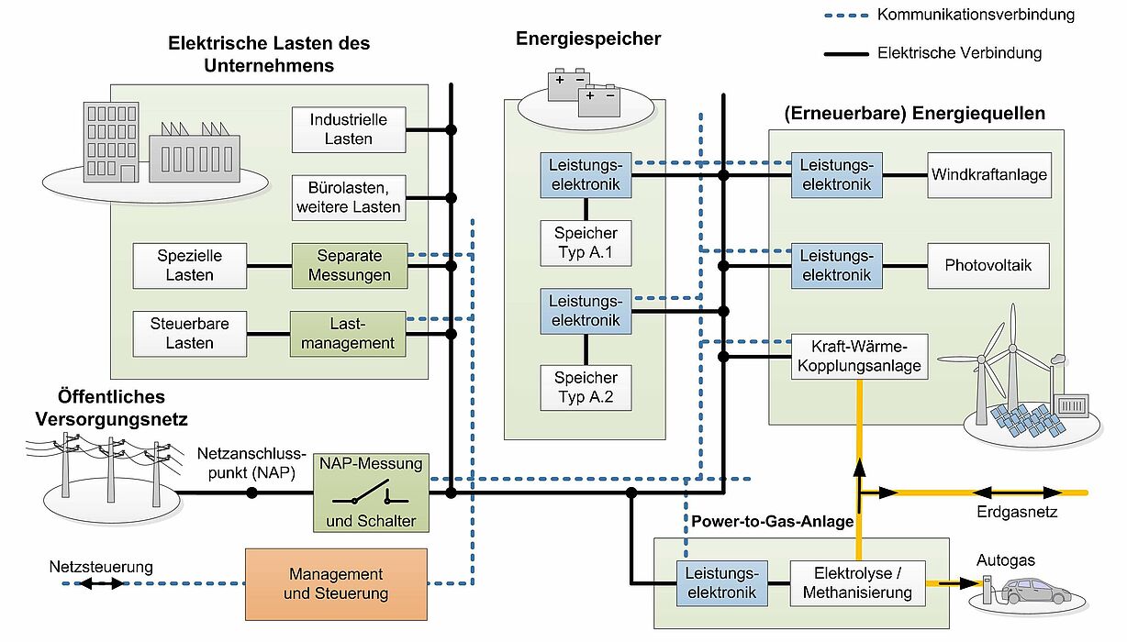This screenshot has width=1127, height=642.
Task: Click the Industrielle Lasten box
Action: pos(349,129)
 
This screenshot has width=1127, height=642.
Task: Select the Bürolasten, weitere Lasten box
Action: pos(349,197)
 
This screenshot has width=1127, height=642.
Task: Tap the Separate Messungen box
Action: pos(350,266)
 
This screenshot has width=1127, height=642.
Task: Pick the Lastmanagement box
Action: pos(348,334)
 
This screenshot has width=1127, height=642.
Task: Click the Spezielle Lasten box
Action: pos(190,266)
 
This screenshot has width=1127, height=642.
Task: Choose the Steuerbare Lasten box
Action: pos(190,334)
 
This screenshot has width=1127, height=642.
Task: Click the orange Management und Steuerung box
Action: pos(336,584)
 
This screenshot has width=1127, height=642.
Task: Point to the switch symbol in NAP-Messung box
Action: pos(370,493)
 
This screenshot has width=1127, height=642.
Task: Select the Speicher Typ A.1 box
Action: pos(586,243)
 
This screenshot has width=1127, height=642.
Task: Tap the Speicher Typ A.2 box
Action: pos(586,388)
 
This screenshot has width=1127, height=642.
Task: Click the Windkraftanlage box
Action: pos(989,175)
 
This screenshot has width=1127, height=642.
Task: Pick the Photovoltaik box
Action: pos(988,266)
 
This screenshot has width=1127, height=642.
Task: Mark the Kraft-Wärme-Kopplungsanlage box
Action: pos(859,357)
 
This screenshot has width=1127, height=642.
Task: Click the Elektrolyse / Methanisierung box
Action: pos(858,583)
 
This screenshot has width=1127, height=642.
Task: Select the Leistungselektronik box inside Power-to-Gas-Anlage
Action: pos(722,583)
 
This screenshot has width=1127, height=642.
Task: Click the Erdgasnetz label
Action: pos(1016,513)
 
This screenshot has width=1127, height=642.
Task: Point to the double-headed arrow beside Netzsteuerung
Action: pos(102,583)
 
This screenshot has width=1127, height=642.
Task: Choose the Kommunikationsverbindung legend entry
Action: pos(949,15)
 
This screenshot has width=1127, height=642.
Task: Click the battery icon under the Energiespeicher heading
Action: pos(584,92)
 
